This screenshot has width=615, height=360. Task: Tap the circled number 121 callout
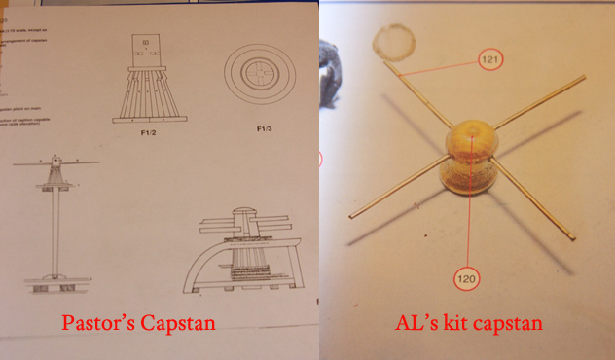coord(492,61)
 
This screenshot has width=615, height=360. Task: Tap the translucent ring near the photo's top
coord(393,44)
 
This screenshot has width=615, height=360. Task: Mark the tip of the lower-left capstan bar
coord(352,215)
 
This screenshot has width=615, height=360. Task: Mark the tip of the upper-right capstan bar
coord(583,77)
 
